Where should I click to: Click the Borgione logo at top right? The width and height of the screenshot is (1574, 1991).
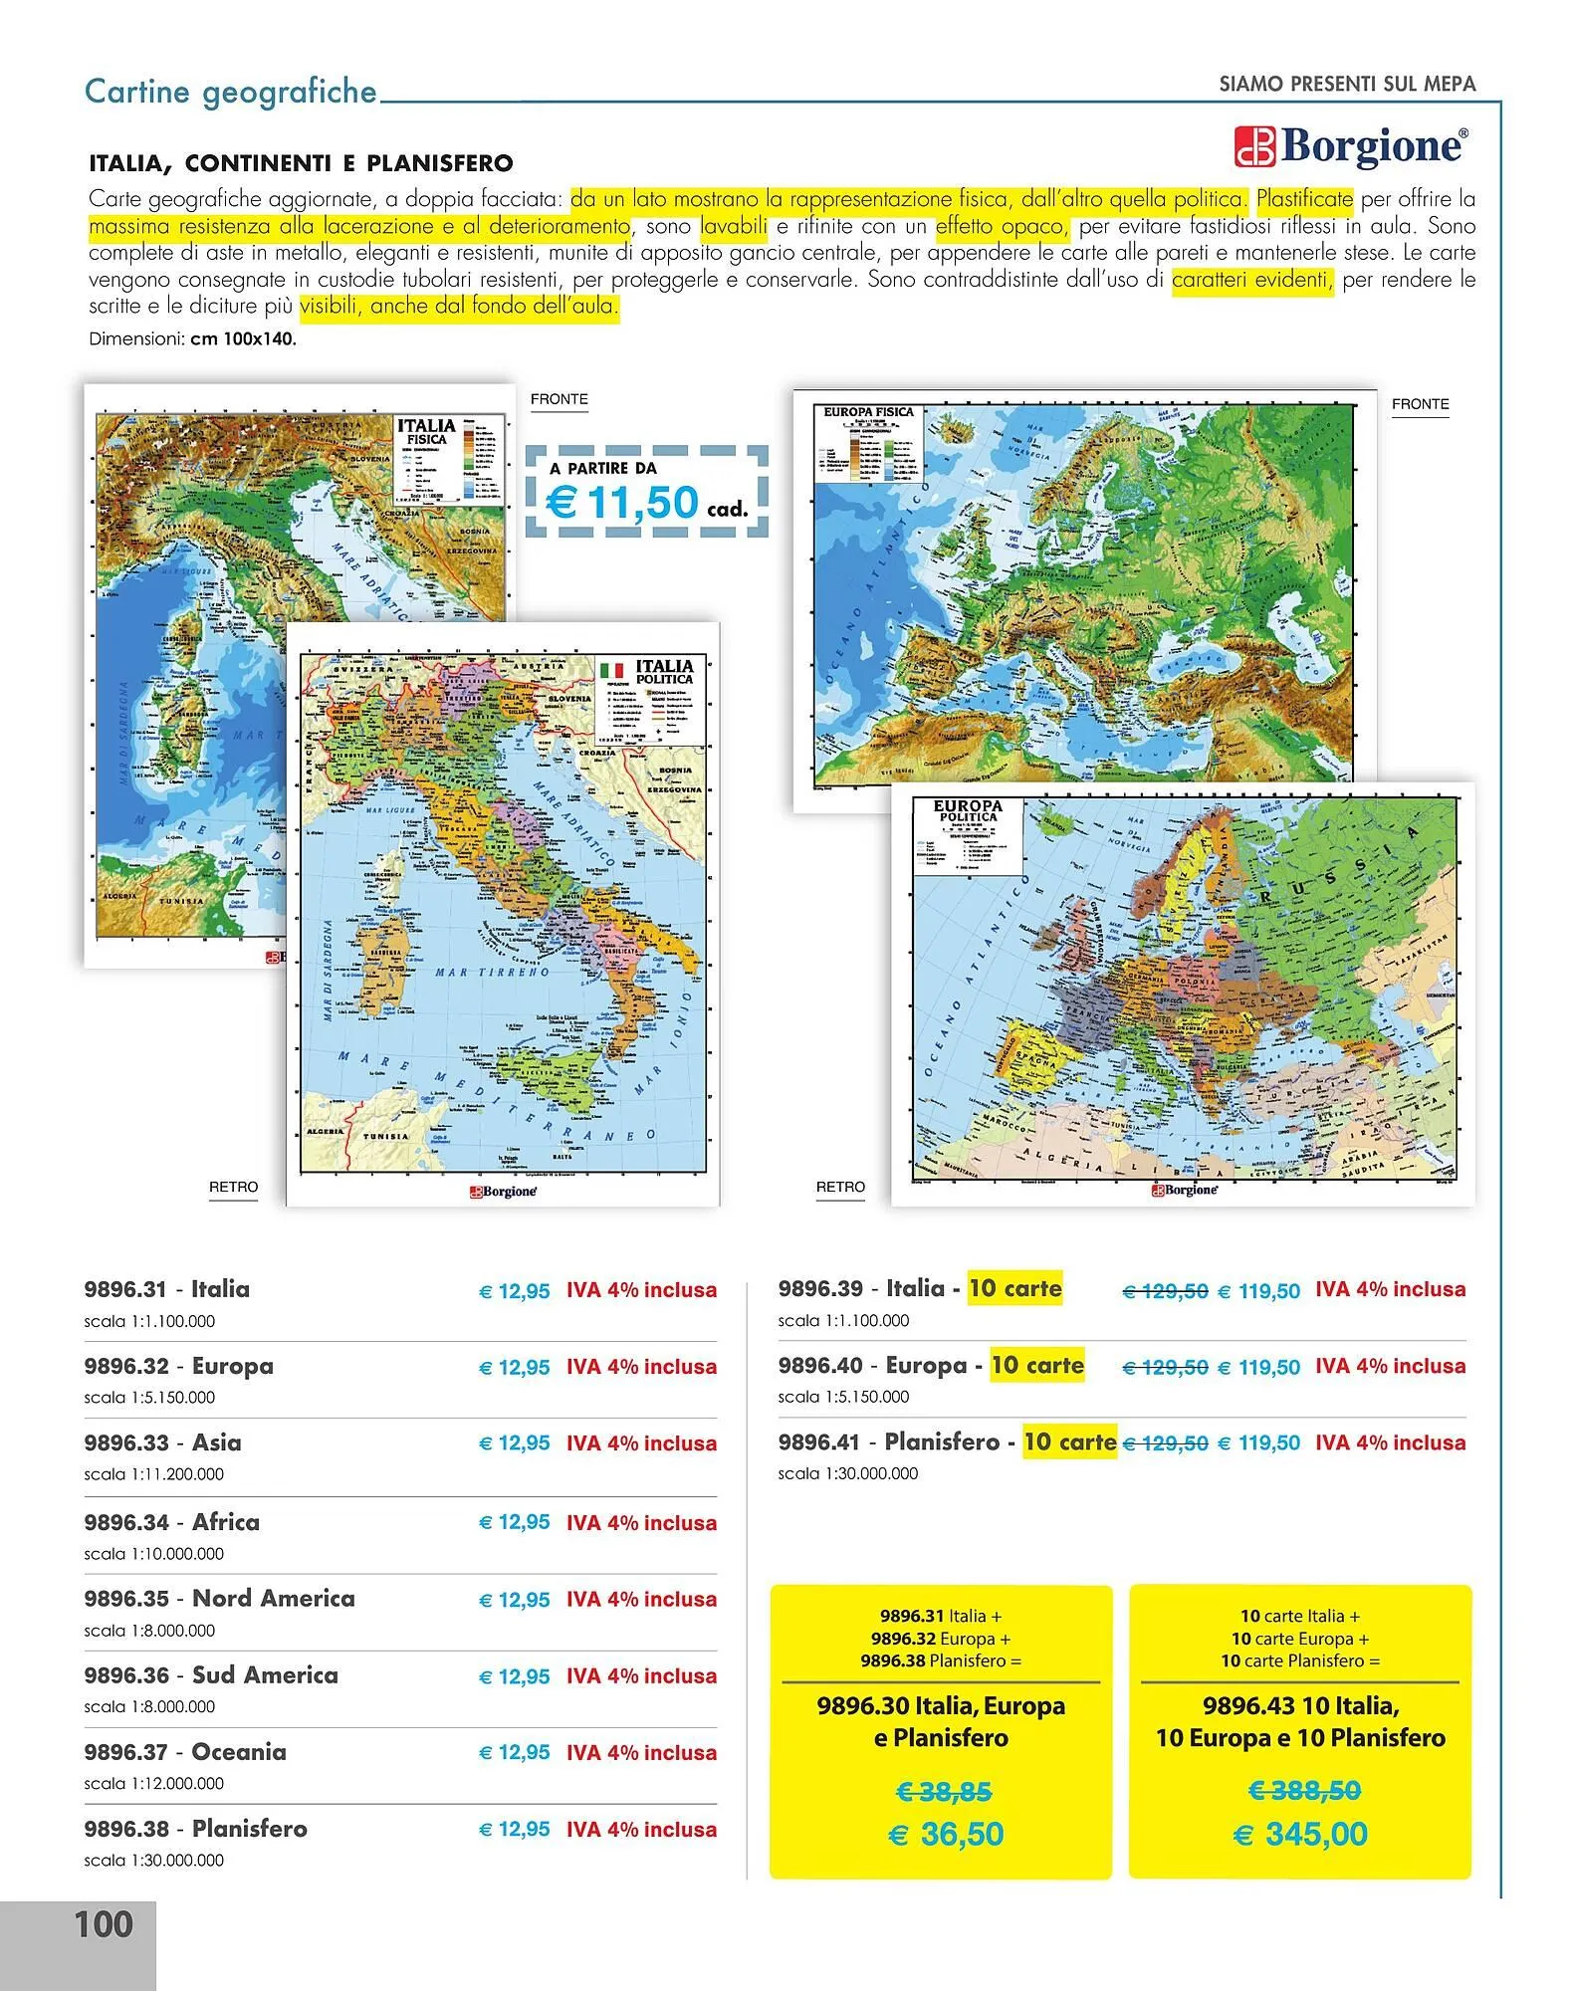click(x=1350, y=147)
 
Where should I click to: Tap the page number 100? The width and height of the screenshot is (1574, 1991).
click(x=104, y=1924)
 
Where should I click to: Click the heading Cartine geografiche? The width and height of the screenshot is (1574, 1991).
click(x=231, y=92)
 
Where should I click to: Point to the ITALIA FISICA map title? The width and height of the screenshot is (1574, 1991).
click(x=426, y=431)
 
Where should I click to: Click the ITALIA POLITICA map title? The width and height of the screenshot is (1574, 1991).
click(x=664, y=670)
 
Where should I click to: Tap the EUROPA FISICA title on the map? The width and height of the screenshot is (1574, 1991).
click(x=868, y=411)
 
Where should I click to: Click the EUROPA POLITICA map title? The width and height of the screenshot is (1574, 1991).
click(x=968, y=810)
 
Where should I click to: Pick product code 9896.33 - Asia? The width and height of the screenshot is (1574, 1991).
click(x=163, y=1442)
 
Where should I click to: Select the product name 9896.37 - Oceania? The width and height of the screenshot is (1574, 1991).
click(x=185, y=1751)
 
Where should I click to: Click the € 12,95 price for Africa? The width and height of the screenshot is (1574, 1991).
click(x=515, y=1522)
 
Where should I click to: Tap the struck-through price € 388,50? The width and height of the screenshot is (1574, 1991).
click(x=1304, y=1791)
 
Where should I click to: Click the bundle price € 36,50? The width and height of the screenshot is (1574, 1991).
click(x=946, y=1834)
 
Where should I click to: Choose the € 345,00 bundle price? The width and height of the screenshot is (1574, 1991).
click(x=1300, y=1834)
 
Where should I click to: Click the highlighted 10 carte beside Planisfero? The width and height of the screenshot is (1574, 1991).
click(x=1069, y=1441)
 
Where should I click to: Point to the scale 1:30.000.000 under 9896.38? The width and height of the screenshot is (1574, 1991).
click(x=154, y=1860)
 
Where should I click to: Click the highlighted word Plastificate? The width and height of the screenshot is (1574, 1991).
click(x=1304, y=199)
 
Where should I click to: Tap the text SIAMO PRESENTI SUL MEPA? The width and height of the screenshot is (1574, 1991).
click(x=1347, y=85)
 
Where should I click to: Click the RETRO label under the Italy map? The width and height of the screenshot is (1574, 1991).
click(x=233, y=1187)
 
